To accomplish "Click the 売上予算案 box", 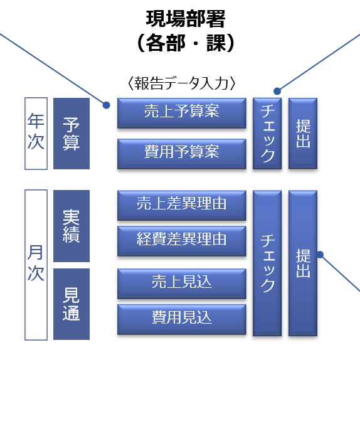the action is tap(182, 113).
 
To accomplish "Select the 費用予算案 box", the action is tap(182, 154).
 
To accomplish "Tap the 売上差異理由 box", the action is tap(182, 206).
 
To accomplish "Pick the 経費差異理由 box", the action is tap(182, 241).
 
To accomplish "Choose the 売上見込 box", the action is tap(182, 283).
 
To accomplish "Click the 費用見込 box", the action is tap(182, 319).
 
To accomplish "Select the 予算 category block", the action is tap(71, 134).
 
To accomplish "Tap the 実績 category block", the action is tap(71, 226).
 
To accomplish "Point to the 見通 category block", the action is tap(71, 304).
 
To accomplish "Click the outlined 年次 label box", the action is tap(36, 134).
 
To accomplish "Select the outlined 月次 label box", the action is tap(36, 265).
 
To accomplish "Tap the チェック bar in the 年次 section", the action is tap(267, 134).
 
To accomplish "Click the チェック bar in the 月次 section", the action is tap(267, 263).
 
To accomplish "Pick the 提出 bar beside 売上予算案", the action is tap(303, 134).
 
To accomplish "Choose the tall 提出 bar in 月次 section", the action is tap(303, 263).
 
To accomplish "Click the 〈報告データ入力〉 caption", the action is tap(181, 83).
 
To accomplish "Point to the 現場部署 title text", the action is tap(186, 19).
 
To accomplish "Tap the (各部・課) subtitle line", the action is tap(186, 43).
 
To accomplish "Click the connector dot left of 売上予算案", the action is tap(107, 105).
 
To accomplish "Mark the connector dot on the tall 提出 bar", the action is tap(320, 255).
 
